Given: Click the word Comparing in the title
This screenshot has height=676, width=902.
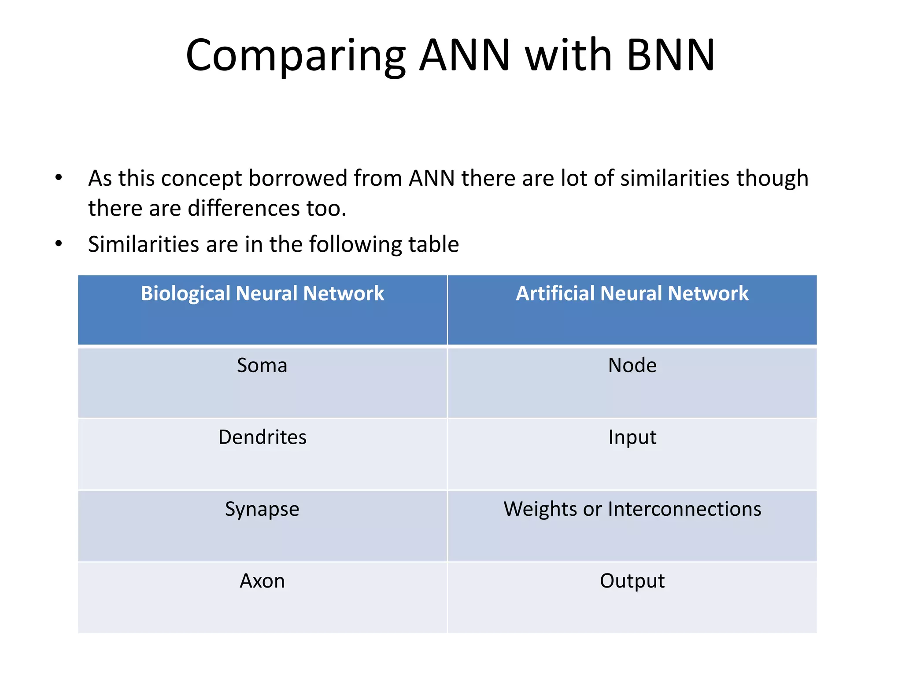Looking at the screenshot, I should tap(296, 56).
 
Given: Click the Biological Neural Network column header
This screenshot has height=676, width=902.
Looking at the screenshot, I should tap(262, 294).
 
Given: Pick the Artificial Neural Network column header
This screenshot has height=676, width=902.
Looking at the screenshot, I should tap(632, 294).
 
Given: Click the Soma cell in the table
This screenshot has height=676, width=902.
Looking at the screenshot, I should tap(262, 365).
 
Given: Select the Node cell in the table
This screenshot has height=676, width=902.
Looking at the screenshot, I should tap(632, 365).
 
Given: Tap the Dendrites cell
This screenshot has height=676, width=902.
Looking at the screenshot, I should tap(262, 437).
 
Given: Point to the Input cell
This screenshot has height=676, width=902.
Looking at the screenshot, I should tap(632, 437).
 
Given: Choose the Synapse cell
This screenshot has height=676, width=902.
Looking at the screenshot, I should tap(262, 509).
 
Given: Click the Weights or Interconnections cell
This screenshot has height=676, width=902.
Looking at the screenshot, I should tap(632, 509).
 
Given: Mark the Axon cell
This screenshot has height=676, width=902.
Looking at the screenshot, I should tap(262, 581).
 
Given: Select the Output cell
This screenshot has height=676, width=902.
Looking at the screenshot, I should tap(632, 581).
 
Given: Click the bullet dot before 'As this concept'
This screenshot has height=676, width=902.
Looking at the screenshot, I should tap(59, 178).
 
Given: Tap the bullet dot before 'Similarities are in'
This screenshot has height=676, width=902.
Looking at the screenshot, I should tap(59, 244).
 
